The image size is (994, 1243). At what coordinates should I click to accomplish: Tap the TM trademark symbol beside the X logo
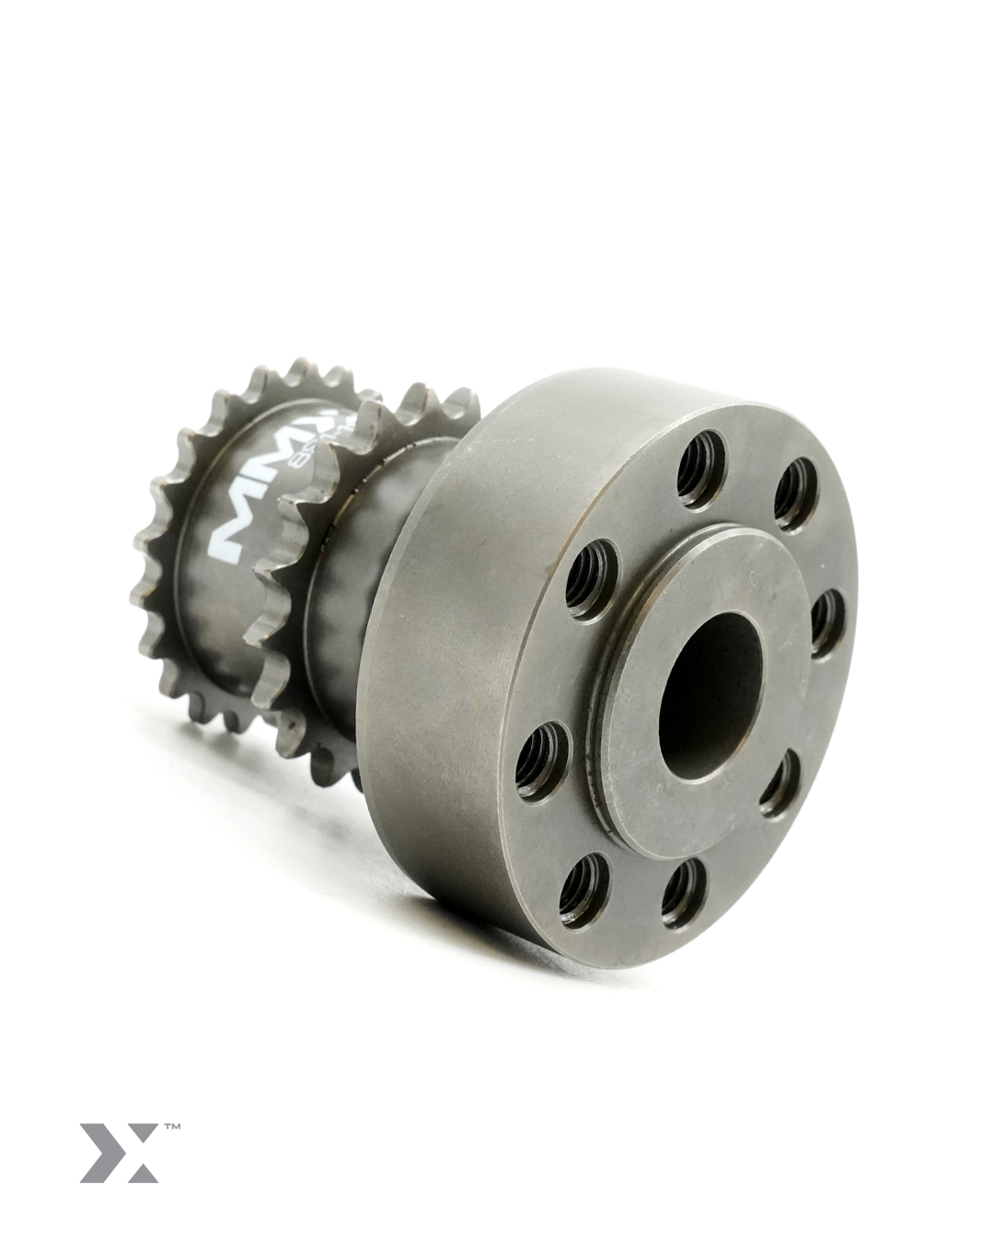[171, 1125]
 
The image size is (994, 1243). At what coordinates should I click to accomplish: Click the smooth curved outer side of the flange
[442, 663]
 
